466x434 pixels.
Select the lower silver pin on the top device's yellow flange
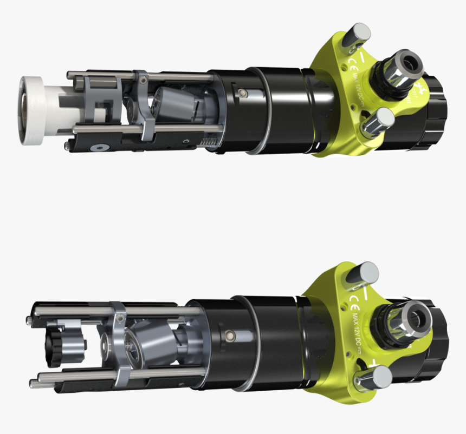click(379, 120)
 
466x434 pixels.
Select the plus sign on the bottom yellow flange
click(373, 361)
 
